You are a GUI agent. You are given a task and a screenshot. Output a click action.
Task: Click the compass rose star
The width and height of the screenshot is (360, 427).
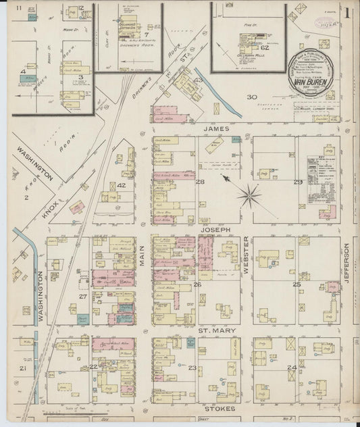249,197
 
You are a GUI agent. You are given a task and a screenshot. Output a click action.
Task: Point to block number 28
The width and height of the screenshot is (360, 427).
200,182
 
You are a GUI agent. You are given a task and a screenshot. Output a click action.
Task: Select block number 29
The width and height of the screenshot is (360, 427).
297,182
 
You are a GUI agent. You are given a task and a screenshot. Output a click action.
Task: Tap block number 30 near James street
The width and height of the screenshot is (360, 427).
251,97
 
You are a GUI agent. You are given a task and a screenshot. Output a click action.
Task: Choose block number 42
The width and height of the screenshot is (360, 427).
122,185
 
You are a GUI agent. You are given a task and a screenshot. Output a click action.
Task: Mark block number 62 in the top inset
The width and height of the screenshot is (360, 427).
265,48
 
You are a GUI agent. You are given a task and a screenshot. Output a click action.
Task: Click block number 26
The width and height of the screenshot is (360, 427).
198,284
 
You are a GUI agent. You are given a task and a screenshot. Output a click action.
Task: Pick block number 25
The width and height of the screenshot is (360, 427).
296,284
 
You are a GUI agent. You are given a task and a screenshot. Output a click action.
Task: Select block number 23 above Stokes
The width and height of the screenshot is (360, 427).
192,368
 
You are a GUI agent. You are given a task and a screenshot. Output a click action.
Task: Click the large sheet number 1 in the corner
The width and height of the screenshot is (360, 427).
347,12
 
